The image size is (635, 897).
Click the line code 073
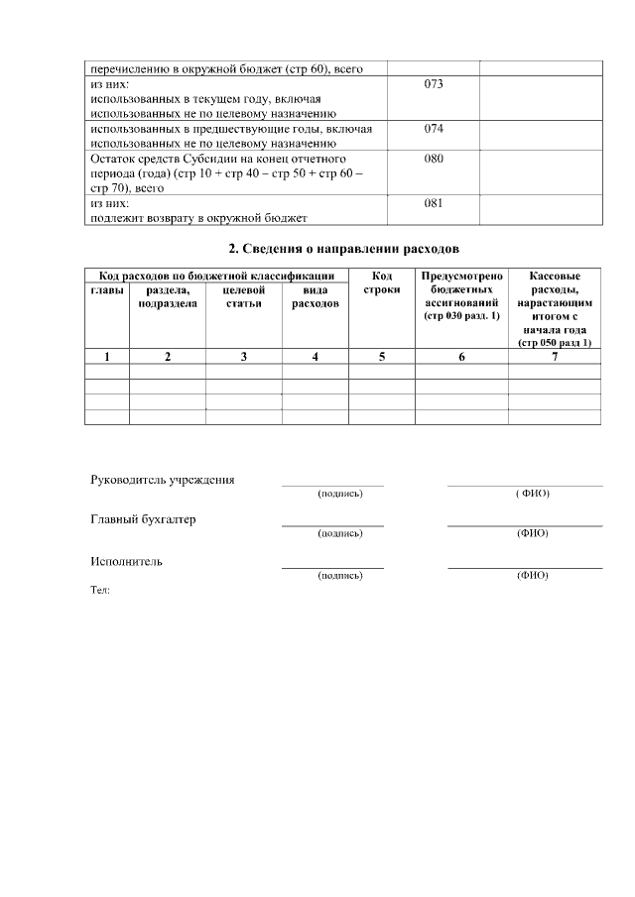tap(433, 84)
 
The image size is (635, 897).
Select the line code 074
tap(433, 129)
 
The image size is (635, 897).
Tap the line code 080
tap(433, 159)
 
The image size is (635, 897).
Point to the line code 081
tap(433, 203)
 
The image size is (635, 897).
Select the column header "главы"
tap(107, 289)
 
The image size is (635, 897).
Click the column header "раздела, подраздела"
tap(168, 296)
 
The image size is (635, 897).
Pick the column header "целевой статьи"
tap(243, 296)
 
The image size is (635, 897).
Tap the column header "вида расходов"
tap(315, 296)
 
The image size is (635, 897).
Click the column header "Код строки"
tap(382, 282)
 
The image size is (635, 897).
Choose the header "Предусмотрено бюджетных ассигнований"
tap(461, 295)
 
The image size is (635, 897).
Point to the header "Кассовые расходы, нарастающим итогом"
tap(555, 308)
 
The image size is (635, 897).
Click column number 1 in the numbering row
tap(107, 357)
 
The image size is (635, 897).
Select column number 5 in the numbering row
tap(382, 357)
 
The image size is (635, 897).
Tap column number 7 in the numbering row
tap(555, 357)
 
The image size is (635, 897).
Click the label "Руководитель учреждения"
tap(163, 480)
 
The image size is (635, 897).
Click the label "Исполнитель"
tap(126, 561)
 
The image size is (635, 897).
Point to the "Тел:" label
tap(99, 590)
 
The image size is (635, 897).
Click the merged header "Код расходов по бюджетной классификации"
tap(216, 276)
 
